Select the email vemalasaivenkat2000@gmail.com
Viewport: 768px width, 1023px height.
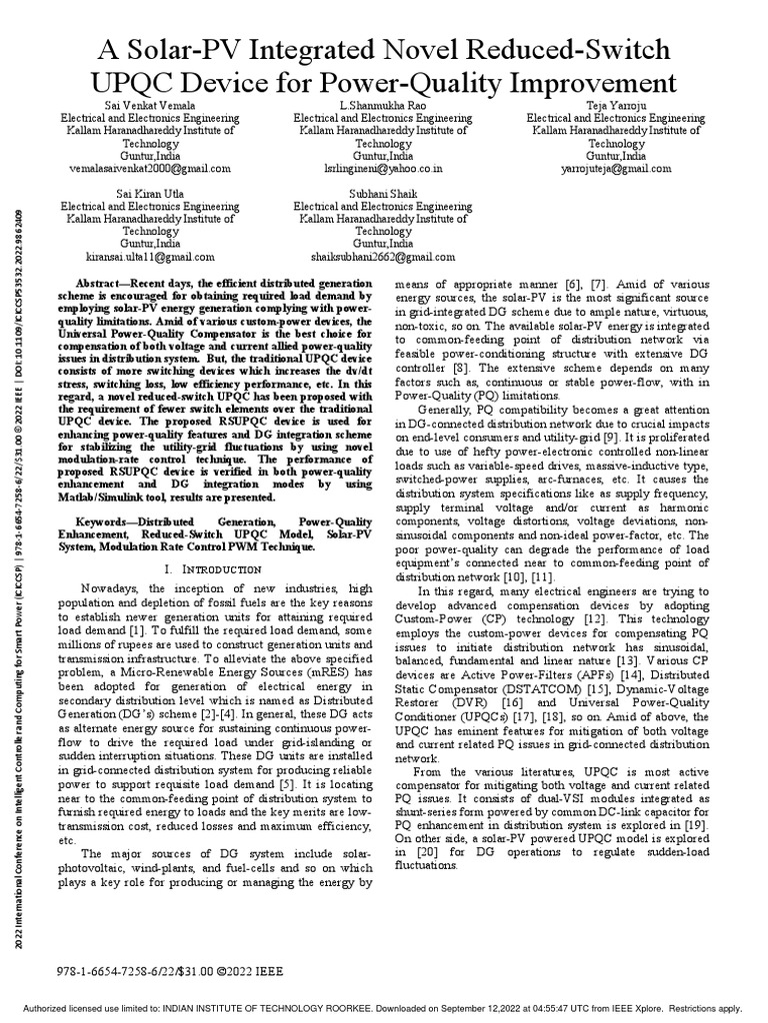(152, 170)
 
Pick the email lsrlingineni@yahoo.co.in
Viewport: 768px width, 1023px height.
(383, 170)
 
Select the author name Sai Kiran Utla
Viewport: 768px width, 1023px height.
(152, 192)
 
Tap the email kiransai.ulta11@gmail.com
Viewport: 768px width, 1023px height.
(152, 257)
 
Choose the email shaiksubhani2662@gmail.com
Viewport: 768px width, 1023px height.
(383, 257)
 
